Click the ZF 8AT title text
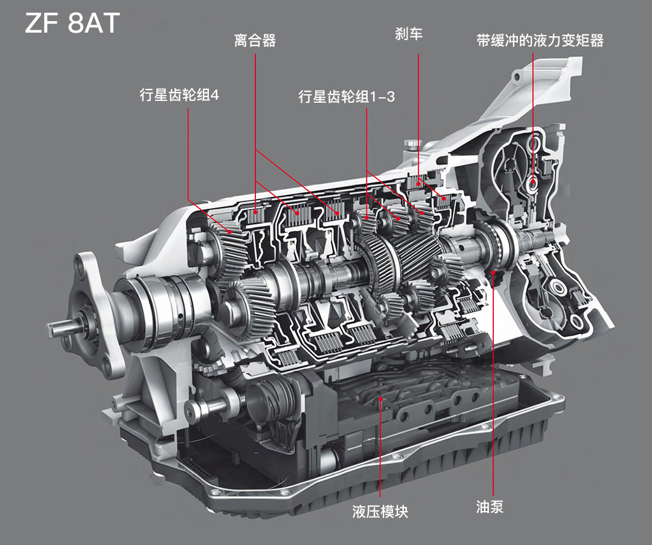point(72,23)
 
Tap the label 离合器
point(255,40)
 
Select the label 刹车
point(409,34)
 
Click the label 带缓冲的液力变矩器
point(540,40)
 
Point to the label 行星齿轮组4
point(179,95)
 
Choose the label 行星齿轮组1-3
point(347,97)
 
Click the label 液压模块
point(380,511)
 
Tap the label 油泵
point(490,507)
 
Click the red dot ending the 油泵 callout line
point(493,272)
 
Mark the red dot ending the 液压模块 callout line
point(380,399)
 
